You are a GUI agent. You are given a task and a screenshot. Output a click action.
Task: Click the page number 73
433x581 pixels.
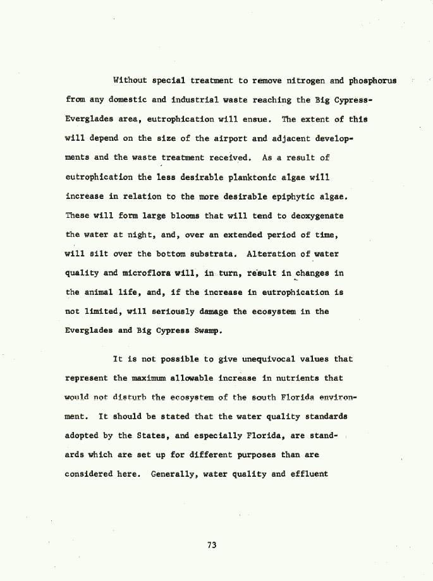211,545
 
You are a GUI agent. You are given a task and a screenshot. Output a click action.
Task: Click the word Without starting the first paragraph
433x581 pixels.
130,80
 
